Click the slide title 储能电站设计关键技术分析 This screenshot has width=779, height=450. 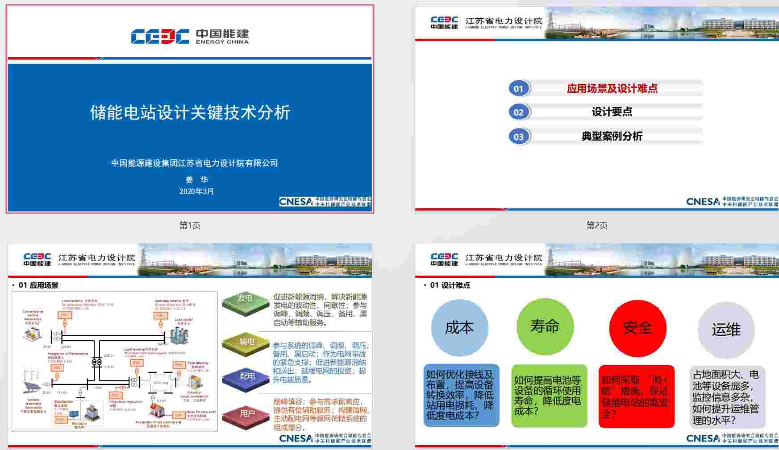coord(190,112)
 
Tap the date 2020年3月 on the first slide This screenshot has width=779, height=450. coord(196,191)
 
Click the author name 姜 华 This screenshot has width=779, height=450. coord(196,180)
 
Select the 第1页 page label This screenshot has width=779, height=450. coord(190,226)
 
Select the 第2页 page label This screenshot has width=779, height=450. coord(596,226)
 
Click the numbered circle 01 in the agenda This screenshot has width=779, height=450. coord(518,88)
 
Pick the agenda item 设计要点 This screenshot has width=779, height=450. coord(612,112)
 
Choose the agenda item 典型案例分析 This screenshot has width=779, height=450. coord(612,136)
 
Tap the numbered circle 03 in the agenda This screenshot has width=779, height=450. coord(518,137)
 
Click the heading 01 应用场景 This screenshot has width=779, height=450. coord(38,285)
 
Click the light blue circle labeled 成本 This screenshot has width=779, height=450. coord(459,328)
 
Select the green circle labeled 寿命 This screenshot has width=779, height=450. coord(545,326)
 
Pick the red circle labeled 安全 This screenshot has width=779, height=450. coord(637,328)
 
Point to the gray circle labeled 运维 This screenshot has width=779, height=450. coord(726,330)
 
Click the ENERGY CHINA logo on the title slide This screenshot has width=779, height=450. coord(190,37)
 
